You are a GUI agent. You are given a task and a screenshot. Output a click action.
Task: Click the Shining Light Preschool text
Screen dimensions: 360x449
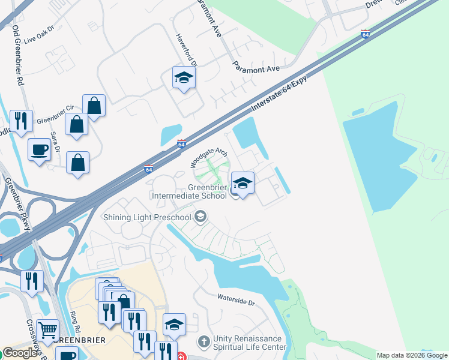pos(147,217)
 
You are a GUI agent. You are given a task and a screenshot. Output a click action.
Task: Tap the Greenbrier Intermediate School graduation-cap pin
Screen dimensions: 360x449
pos(242,184)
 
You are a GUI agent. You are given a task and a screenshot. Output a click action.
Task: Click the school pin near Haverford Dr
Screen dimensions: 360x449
pos(184,77)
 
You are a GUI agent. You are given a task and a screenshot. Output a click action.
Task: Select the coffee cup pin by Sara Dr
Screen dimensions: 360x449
pos(40,149)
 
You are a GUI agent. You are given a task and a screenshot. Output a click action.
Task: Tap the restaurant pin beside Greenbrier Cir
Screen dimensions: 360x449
pos(22,121)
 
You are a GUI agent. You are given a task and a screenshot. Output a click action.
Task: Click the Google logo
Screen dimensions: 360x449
pos(20,353)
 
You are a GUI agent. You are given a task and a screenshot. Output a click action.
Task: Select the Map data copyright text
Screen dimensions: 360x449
pos(412,355)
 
